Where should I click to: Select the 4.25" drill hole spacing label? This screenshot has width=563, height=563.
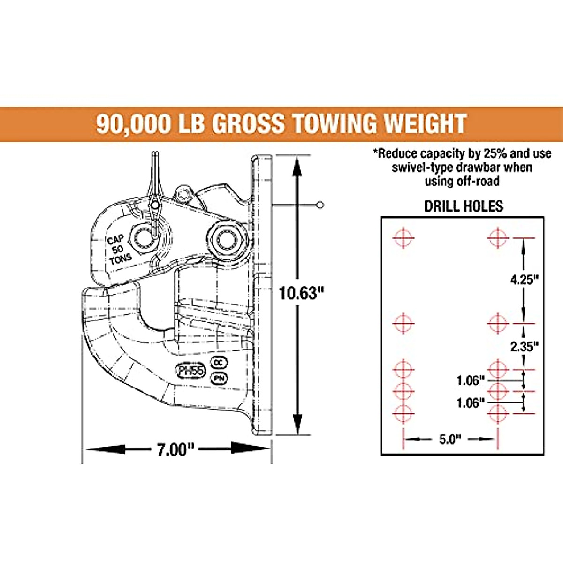[x=524, y=280]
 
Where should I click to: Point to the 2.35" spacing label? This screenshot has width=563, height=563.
[x=524, y=347]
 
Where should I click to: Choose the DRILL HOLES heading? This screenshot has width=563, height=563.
[x=463, y=206]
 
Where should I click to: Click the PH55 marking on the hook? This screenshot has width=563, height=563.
[x=191, y=371]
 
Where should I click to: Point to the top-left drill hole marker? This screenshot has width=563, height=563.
[x=403, y=238]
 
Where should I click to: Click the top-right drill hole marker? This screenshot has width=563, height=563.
[x=498, y=238]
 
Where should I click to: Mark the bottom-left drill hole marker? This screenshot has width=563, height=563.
[x=403, y=413]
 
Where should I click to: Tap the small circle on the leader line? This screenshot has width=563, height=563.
[x=320, y=205]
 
